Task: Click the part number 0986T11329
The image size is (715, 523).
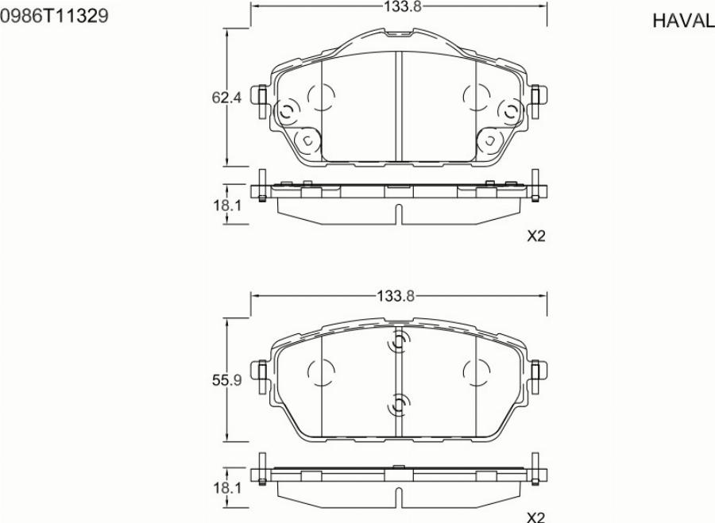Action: click(x=55, y=15)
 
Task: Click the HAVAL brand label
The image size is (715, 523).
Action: click(x=682, y=21)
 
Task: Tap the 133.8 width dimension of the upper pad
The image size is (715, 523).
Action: click(x=400, y=6)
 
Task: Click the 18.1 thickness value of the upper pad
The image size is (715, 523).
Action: click(x=226, y=206)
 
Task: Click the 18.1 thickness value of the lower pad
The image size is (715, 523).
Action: click(x=226, y=487)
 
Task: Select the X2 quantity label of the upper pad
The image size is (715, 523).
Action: click(x=537, y=236)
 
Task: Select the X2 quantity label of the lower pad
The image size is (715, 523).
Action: click(x=537, y=517)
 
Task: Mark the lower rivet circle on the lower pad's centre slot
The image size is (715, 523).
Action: click(x=398, y=406)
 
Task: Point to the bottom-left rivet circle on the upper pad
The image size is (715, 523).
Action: click(x=305, y=141)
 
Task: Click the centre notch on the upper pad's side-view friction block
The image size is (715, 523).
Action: click(x=399, y=213)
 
